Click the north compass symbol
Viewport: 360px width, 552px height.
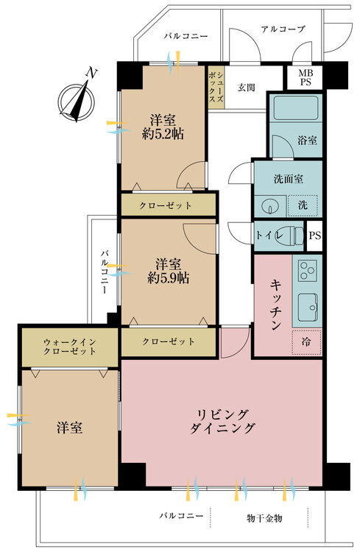77,99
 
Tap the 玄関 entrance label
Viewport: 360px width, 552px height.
246,88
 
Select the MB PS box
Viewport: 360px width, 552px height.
305,77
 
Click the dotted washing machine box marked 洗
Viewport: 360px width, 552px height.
303,205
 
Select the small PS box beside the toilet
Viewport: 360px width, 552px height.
314,236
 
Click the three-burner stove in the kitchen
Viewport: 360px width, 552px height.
307,270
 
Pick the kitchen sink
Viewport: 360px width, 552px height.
308,308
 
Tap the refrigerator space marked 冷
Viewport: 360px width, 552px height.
306,341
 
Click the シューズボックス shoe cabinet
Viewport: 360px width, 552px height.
216,88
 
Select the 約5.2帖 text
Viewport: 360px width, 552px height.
163,134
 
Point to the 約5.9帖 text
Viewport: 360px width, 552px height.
169,278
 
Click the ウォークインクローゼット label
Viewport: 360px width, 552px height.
70,347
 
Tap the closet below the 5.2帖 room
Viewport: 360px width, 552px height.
169,205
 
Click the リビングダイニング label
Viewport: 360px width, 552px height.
222,422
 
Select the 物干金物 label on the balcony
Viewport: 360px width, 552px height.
264,518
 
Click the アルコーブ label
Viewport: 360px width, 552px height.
283,29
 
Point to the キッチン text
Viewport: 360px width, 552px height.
275,305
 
